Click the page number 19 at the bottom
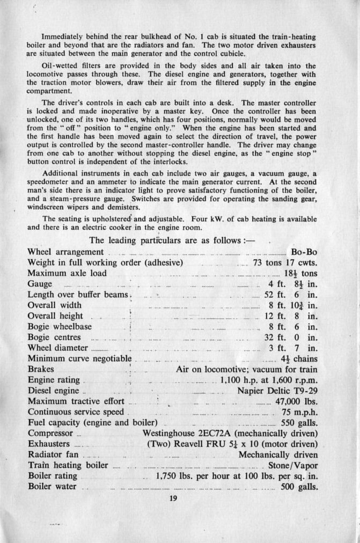(172, 498)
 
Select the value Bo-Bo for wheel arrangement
(304, 252)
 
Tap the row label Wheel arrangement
(65, 252)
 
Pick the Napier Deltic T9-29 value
(277, 390)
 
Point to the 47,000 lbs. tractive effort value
(296, 401)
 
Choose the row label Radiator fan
(53, 454)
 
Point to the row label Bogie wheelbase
(60, 326)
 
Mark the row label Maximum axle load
(67, 273)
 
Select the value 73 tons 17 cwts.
(285, 262)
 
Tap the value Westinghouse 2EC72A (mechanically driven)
(230, 433)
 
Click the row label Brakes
(41, 369)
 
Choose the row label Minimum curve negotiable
(79, 358)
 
